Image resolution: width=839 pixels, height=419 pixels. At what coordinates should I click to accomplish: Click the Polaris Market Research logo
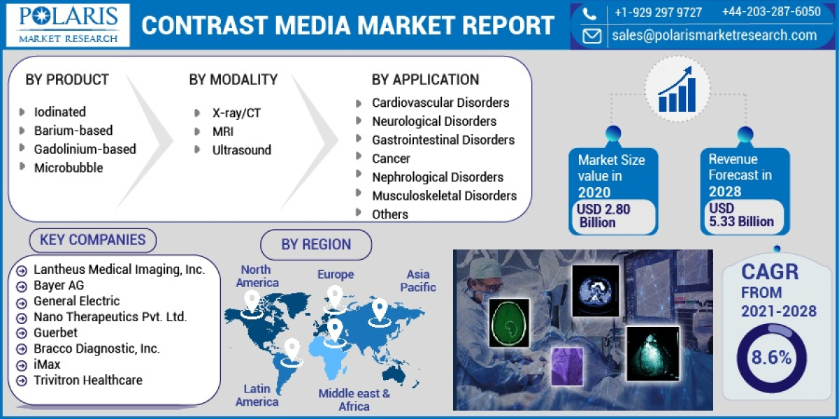click(67, 24)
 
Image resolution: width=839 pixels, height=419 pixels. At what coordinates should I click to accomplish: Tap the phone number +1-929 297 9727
click(658, 12)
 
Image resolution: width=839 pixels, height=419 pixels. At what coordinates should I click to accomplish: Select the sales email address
click(714, 35)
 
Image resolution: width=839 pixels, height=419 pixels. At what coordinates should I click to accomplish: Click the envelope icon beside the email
click(591, 36)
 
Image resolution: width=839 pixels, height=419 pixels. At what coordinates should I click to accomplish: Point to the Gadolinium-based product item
click(85, 149)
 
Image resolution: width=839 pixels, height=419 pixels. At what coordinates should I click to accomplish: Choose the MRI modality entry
click(223, 131)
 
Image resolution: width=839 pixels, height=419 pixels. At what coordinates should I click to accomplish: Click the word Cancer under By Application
click(391, 159)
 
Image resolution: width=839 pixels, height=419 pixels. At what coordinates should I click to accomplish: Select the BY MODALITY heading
click(233, 80)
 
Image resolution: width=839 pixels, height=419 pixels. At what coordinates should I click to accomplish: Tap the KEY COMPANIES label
click(92, 240)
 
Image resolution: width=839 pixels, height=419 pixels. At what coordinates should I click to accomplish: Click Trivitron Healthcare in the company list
click(87, 380)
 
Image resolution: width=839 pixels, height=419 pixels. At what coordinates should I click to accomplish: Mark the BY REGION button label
click(316, 244)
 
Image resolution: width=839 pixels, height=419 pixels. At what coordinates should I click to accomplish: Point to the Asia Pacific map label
click(419, 281)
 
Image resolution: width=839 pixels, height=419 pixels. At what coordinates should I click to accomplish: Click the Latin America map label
click(257, 395)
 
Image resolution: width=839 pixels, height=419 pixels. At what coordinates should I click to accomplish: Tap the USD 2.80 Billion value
click(603, 216)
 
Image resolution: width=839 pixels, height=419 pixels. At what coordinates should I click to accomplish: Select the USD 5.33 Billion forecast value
click(740, 215)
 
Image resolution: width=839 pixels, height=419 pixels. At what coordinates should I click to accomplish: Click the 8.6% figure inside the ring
click(772, 358)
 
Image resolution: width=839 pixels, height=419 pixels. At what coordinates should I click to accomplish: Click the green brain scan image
click(510, 323)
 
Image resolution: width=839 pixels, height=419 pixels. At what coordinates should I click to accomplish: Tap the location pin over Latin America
click(292, 350)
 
